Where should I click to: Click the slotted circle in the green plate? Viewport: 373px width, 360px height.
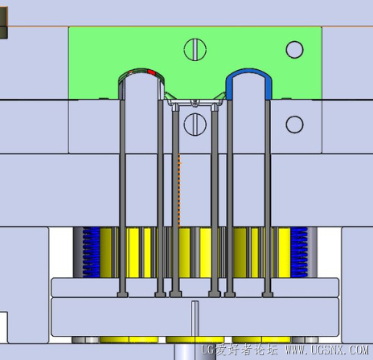tap(195, 50)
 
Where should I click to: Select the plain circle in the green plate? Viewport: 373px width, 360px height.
tap(294, 50)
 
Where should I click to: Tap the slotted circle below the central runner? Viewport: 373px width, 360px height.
tap(195, 125)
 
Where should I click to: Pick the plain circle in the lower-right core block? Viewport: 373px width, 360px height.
tap(294, 125)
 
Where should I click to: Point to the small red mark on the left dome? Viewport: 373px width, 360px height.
tap(151, 72)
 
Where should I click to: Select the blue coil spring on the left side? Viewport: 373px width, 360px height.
tap(91, 252)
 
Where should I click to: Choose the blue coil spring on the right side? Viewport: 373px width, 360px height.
tap(299, 252)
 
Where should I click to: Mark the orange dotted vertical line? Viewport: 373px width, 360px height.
tap(179, 190)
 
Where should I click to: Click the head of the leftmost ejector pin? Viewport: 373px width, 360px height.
tap(122, 295)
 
